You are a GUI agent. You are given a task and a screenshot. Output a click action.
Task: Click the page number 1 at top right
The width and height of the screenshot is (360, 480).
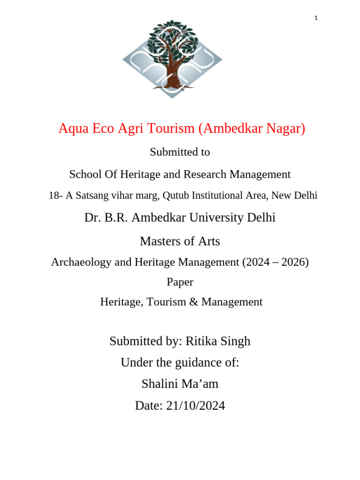pos(316,18)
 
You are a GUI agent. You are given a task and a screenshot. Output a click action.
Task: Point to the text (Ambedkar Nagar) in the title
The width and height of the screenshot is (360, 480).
pos(251,128)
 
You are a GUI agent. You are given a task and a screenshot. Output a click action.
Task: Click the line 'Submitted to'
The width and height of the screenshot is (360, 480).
pos(180,152)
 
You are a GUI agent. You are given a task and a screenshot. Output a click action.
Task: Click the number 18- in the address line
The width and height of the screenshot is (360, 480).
pos(55,196)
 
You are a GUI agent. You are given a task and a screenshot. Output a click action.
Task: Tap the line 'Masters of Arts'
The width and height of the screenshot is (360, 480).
pos(180,241)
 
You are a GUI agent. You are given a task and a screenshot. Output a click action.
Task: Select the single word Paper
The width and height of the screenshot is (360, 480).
pos(180,282)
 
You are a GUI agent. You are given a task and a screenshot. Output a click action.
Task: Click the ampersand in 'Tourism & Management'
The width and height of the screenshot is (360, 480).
pos(195,302)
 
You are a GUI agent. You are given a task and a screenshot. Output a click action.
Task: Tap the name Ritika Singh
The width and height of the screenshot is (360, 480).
pos(218,341)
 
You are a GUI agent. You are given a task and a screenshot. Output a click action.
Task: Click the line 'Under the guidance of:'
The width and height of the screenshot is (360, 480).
pos(180,363)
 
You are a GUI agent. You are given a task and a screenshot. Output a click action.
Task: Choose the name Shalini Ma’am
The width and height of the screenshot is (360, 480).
pos(180,384)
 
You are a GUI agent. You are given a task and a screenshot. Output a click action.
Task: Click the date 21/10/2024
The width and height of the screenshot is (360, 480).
pos(195,406)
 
